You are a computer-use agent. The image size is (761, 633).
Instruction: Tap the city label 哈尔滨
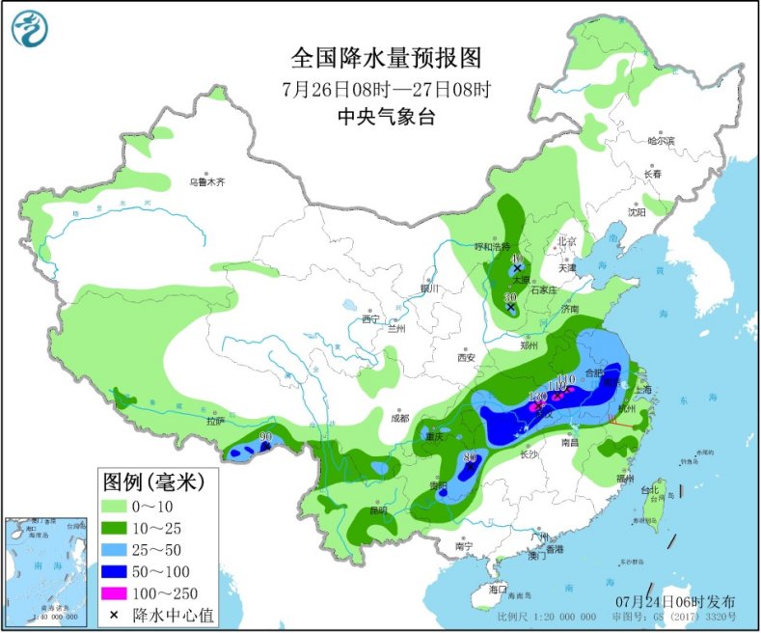tap(661, 141)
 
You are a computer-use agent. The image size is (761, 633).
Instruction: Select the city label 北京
tap(566, 241)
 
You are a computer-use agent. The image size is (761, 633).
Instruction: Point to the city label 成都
tap(399, 418)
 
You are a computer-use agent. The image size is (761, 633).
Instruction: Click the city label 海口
tap(498, 589)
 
